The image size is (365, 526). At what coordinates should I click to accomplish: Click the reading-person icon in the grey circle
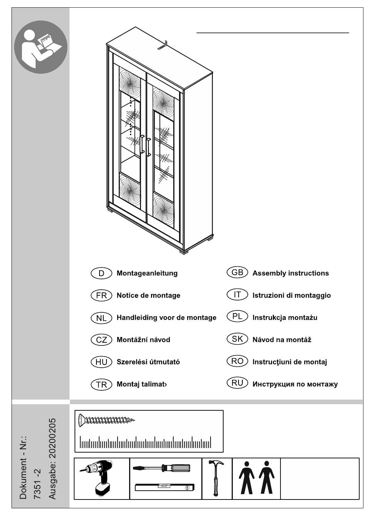point(41,47)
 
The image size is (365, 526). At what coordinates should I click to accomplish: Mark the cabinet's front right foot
point(183,252)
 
